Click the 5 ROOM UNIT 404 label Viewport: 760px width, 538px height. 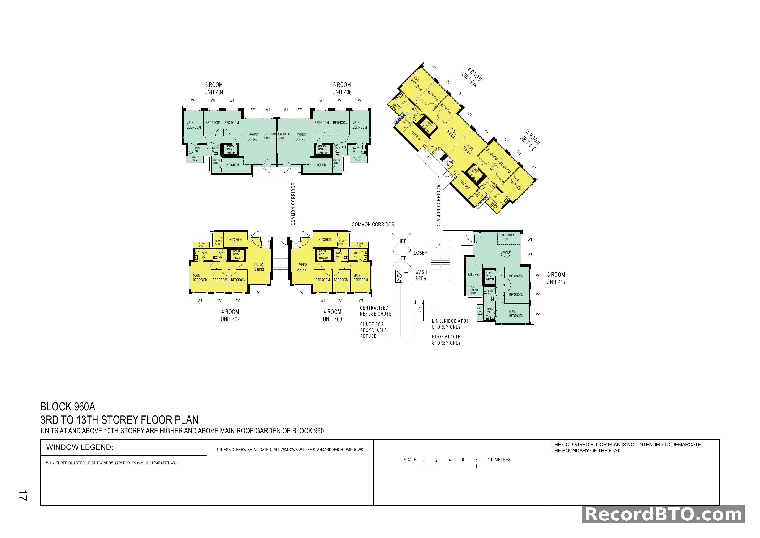click(214, 88)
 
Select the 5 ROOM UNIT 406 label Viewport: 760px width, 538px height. click(342, 88)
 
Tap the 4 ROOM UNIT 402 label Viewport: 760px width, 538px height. click(230, 315)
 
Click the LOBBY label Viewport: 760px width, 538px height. click(420, 253)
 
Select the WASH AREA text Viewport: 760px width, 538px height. click(421, 275)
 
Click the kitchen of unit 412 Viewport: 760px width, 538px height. click(474, 274)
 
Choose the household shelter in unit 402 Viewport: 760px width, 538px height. click(237, 254)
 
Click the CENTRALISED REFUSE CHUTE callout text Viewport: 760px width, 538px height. click(375, 311)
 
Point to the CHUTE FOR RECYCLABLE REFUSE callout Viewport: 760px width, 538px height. click(373, 330)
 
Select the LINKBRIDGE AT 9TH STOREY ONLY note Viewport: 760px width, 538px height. click(451, 324)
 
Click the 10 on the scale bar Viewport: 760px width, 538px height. click(490, 460)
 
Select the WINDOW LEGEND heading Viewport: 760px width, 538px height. click(80, 447)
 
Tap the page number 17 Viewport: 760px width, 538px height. click(23, 495)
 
